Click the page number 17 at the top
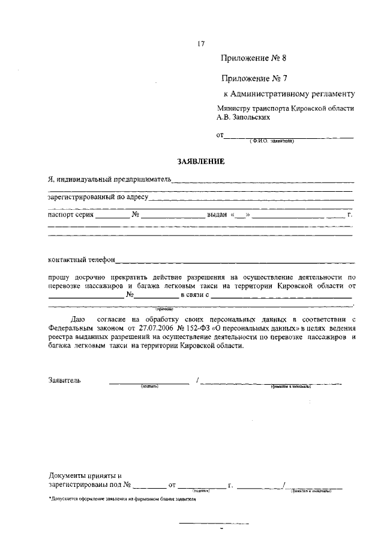(x=201, y=43)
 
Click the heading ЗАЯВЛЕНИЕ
(x=200, y=161)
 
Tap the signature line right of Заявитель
(x=148, y=383)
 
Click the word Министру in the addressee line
(x=236, y=109)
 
